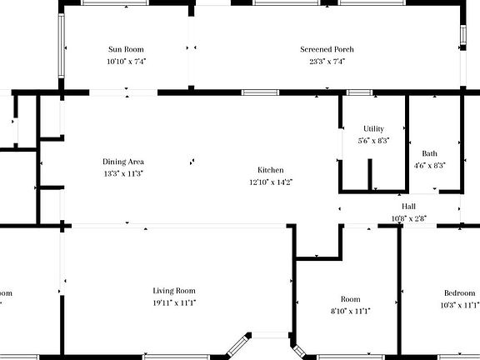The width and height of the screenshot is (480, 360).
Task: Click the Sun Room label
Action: point(126,49)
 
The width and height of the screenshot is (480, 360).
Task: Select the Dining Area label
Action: point(123,162)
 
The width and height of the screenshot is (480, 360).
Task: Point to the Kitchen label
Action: point(271,169)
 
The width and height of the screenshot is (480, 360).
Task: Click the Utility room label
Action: point(373,128)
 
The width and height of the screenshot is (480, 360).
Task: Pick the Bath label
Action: point(429,153)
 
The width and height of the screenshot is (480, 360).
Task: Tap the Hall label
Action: point(408,207)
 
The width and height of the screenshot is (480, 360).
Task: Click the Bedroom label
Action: point(459,292)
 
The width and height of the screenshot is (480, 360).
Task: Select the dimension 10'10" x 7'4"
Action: point(126,61)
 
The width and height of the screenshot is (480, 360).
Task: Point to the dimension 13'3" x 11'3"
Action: point(123,173)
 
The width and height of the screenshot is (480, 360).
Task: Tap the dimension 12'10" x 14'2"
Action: point(271,181)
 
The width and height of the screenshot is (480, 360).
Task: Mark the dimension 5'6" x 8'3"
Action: point(373,140)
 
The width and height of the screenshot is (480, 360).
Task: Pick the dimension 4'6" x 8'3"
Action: point(429,165)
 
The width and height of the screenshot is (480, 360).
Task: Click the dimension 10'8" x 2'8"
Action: point(408,218)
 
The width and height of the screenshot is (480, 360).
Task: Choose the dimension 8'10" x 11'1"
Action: point(350,310)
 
